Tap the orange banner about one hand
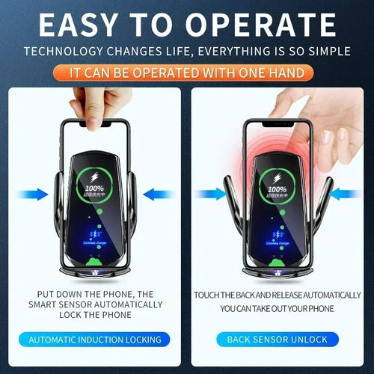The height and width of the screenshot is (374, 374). tap(187, 73)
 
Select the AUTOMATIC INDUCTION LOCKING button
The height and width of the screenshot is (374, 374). tap(95, 340)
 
